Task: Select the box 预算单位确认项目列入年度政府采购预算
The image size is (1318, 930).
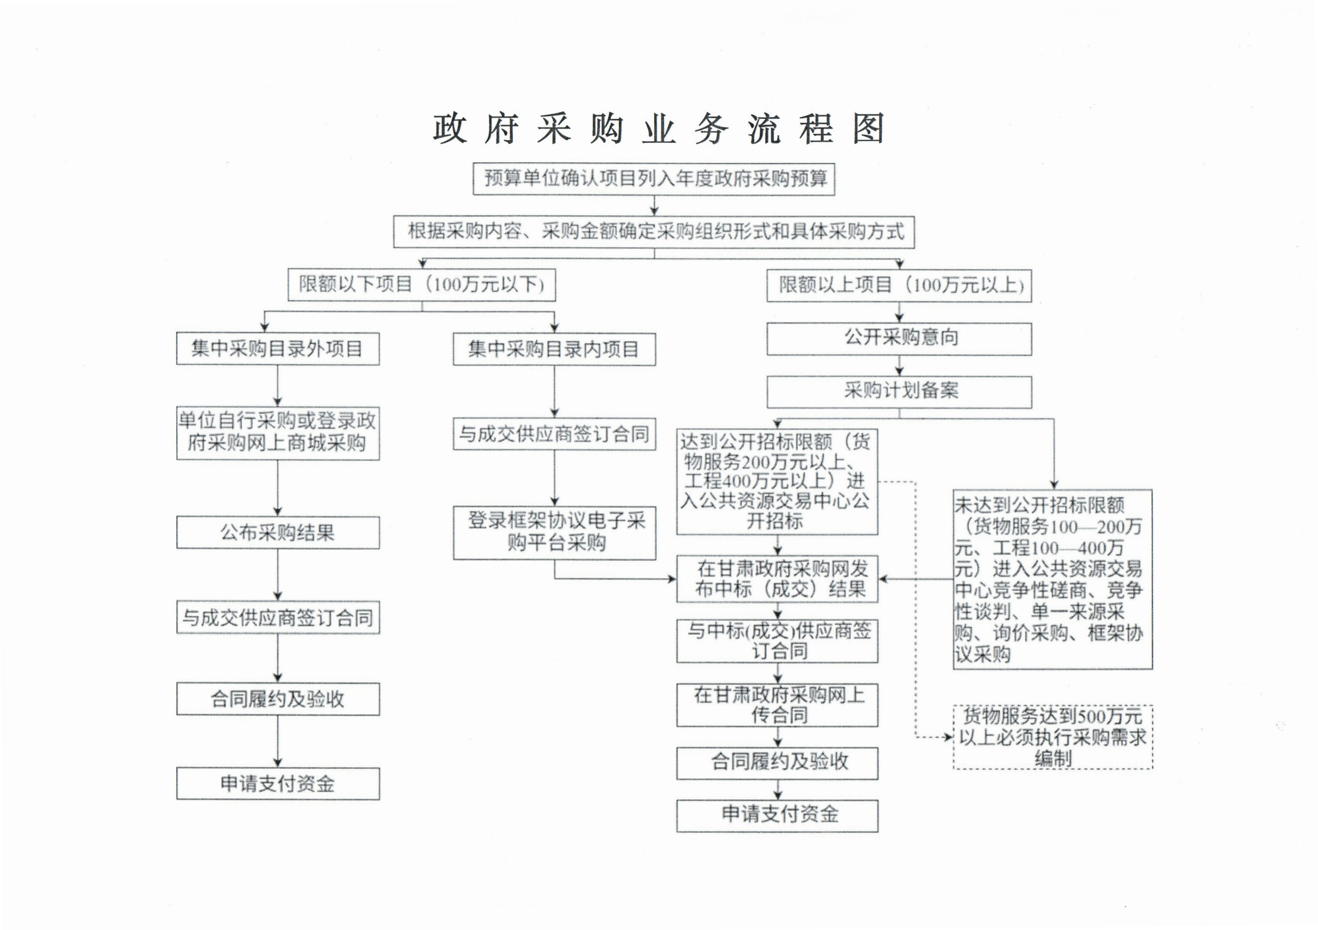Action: click(654, 179)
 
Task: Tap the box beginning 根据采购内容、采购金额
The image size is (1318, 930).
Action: click(654, 232)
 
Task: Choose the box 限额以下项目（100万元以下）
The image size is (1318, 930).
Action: click(422, 285)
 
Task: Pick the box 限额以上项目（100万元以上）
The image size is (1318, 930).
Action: click(899, 285)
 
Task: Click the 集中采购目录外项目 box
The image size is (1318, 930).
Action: click(278, 349)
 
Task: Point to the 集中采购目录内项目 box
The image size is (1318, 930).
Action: click(555, 349)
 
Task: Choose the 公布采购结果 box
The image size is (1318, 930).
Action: click(278, 533)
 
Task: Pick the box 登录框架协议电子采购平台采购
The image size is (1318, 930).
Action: click(555, 533)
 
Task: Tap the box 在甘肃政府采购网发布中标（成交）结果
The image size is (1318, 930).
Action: click(777, 579)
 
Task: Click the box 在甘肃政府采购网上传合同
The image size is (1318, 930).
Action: click(777, 705)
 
